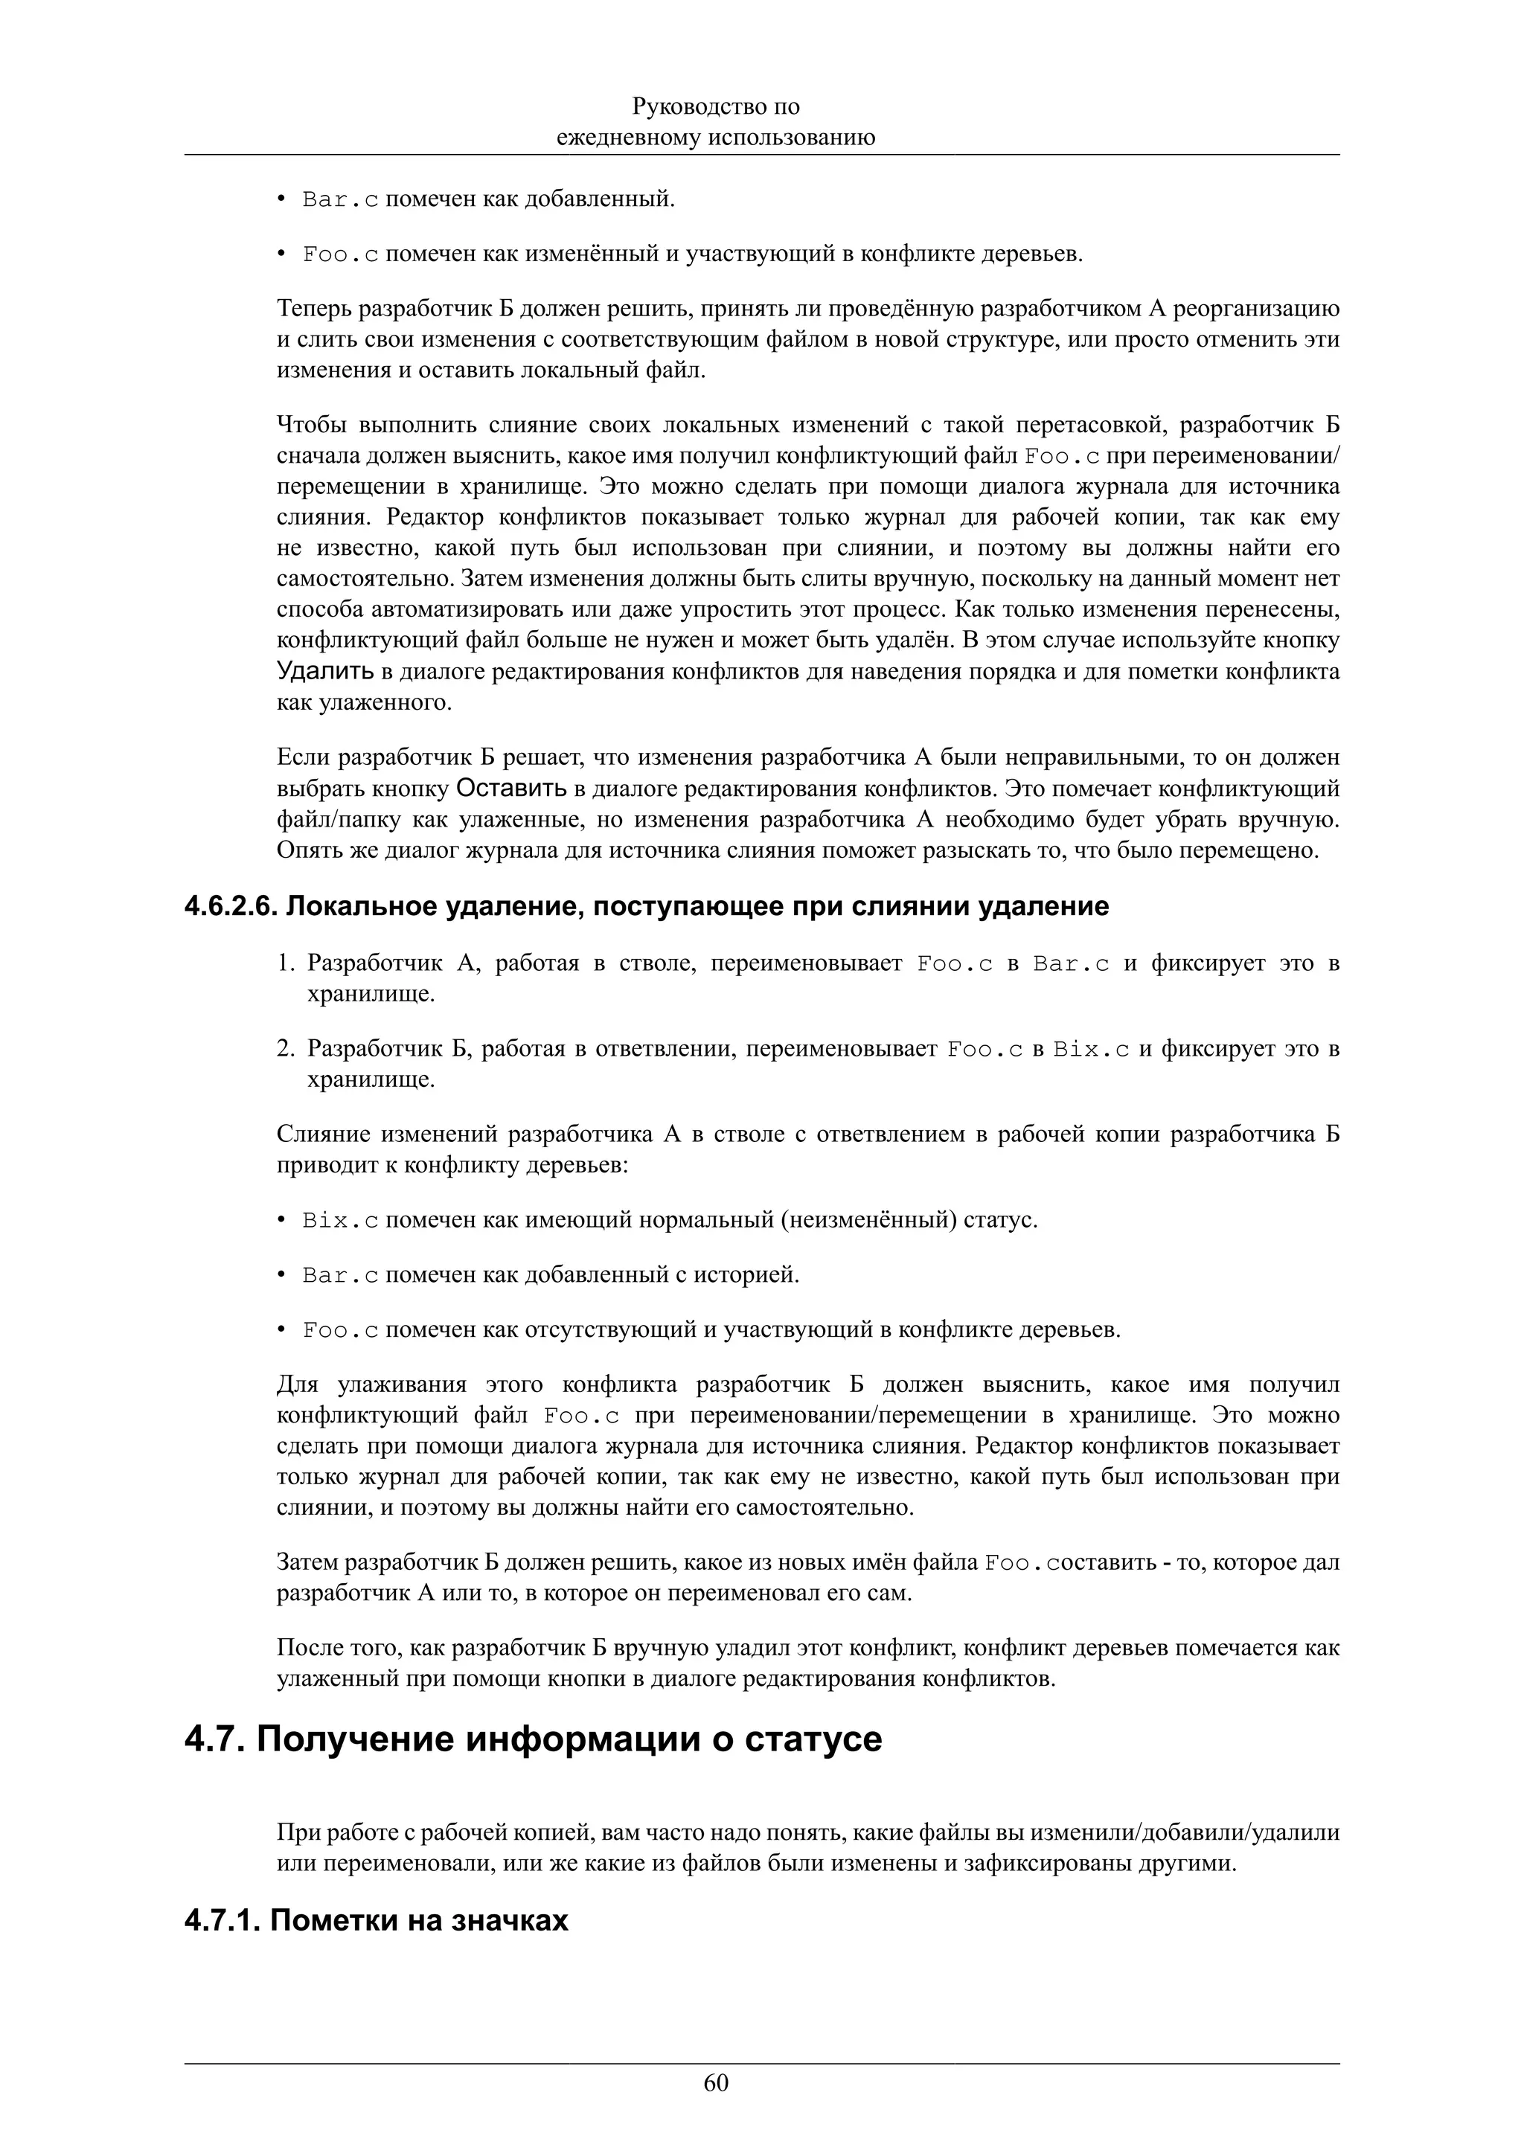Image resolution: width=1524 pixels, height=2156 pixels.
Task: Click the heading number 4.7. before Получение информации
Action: tap(215, 1739)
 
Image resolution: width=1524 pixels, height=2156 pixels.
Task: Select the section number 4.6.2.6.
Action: tap(231, 906)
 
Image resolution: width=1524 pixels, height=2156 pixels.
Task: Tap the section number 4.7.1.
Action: tap(222, 1920)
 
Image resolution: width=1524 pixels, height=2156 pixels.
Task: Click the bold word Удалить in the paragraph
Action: tap(325, 673)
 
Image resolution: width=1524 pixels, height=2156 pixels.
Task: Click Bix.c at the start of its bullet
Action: tap(340, 1221)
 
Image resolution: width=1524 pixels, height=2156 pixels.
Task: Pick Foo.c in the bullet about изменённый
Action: tap(340, 254)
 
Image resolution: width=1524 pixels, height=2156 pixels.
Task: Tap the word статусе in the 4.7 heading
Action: tap(813, 1739)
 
